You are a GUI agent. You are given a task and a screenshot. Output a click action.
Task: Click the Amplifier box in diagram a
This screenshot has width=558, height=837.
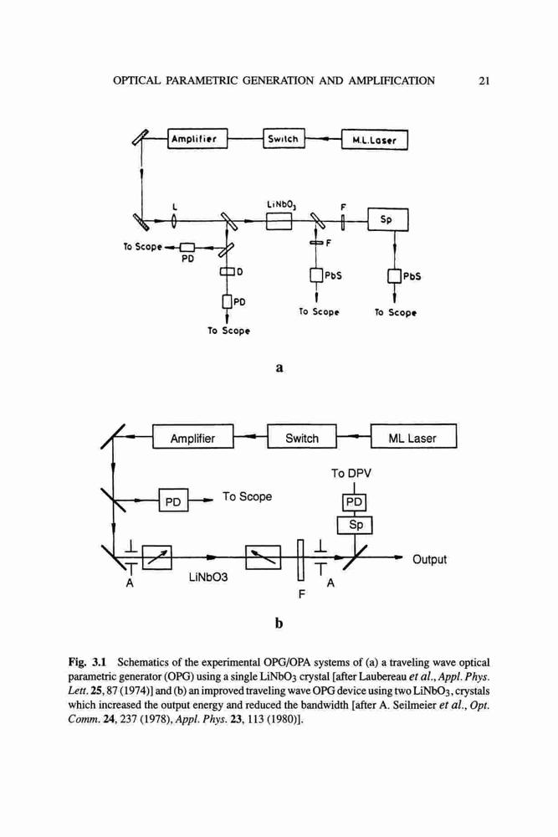coord(197,139)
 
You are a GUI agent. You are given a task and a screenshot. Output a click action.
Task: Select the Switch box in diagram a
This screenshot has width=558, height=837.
coord(284,139)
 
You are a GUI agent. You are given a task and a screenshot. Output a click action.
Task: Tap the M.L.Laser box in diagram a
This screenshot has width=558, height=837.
coord(375,141)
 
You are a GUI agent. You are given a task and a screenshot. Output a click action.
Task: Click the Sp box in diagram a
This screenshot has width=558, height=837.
coord(388,219)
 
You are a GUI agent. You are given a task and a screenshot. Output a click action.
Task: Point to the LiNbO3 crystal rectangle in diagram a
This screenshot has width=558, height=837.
coord(279,220)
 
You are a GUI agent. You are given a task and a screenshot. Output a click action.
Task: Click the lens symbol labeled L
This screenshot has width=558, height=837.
coord(175,220)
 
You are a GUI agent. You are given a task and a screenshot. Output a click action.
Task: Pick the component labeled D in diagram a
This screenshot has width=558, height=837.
coord(228,272)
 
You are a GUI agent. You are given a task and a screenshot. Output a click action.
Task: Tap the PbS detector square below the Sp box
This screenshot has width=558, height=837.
coord(394,276)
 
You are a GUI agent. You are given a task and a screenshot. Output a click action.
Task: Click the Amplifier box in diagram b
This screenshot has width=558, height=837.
coord(192,437)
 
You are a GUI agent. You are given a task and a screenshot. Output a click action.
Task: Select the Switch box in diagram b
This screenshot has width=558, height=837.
coord(302,437)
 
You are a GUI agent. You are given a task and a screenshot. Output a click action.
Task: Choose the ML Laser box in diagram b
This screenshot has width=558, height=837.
coord(413,436)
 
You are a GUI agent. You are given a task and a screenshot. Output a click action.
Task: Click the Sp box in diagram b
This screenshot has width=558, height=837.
coord(355,525)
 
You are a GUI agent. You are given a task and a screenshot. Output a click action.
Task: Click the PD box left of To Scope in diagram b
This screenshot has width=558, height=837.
coord(173,501)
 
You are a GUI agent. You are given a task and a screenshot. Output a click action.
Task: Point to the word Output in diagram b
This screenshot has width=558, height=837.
coord(429,559)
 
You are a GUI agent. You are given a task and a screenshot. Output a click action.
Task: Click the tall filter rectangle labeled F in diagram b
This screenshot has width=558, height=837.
coord(300,559)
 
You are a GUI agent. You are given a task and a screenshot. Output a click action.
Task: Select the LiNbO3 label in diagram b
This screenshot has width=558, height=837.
coord(208,578)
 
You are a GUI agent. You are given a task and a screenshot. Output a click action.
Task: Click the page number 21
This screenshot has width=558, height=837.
coord(484,81)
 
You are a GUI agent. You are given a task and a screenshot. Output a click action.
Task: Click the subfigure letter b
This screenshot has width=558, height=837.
coord(279,623)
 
